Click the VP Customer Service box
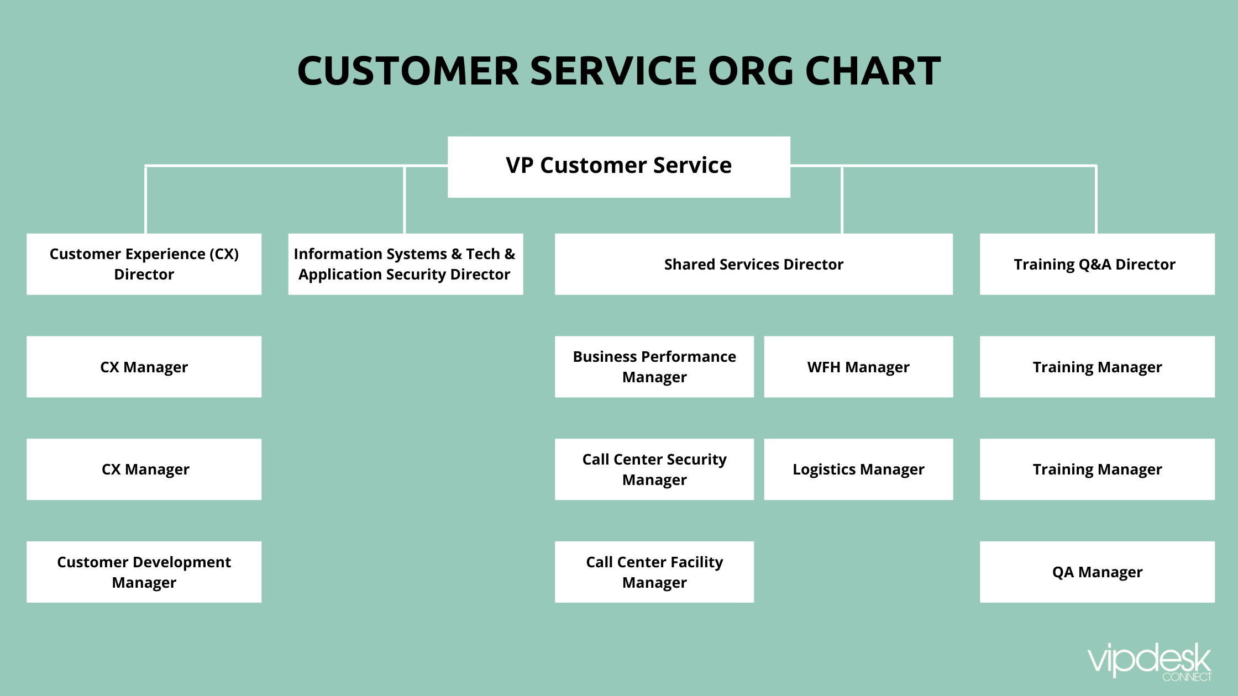click(618, 166)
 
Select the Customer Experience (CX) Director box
click(144, 264)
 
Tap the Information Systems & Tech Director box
click(405, 264)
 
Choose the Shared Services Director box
click(753, 264)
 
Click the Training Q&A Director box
click(1097, 264)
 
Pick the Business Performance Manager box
click(654, 367)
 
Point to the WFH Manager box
click(858, 367)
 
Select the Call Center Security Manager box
click(654, 470)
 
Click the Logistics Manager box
click(858, 470)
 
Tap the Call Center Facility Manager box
click(654, 572)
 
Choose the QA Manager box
click(1097, 572)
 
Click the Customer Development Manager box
click(144, 572)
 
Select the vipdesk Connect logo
click(1150, 662)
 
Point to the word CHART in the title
click(873, 71)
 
